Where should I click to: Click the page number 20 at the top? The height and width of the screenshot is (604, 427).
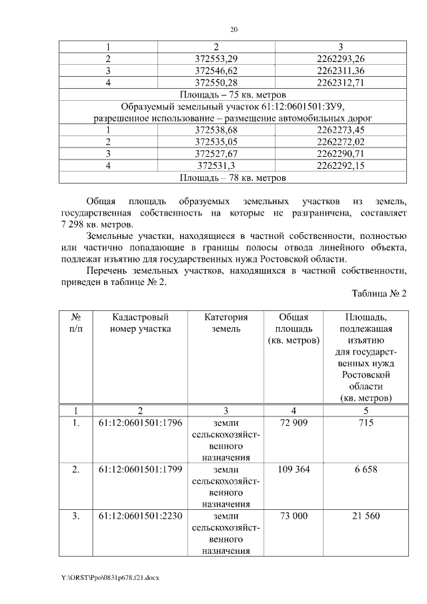pyautogui.click(x=234, y=30)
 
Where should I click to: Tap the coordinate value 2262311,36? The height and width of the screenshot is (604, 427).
pyautogui.click(x=340, y=70)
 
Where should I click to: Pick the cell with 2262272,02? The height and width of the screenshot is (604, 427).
pyautogui.click(x=340, y=141)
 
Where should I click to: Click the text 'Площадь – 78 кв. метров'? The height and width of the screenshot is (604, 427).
pyautogui.click(x=234, y=178)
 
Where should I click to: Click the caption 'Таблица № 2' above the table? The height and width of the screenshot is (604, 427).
pyautogui.click(x=378, y=294)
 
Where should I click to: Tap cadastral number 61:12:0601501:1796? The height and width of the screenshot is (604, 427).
pyautogui.click(x=141, y=422)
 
